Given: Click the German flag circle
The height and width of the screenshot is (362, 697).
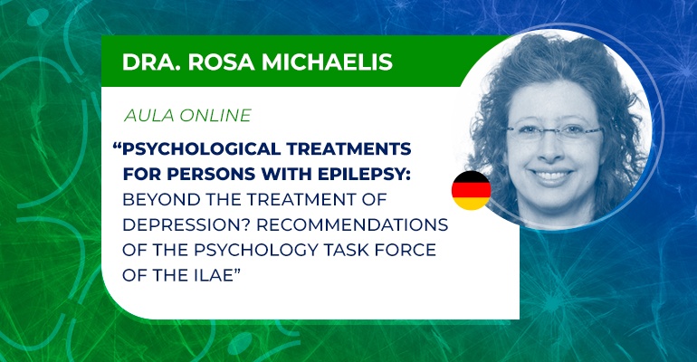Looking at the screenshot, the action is click(472, 190).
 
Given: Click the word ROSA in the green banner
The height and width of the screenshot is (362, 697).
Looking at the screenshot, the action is click(221, 62).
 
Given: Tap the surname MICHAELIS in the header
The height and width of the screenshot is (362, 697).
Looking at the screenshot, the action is click(327, 62).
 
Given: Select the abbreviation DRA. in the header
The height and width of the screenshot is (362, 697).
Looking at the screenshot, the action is click(151, 62).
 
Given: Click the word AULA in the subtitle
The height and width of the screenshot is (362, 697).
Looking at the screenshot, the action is click(149, 116).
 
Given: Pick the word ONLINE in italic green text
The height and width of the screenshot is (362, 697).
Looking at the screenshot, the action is click(215, 116).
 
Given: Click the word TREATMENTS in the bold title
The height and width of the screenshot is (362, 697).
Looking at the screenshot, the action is click(348, 148).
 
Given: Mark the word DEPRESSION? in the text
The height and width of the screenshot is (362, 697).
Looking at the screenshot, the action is click(186, 224).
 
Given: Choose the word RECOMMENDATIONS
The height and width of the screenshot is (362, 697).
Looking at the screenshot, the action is click(352, 224).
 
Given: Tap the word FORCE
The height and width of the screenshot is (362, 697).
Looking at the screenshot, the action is click(406, 250).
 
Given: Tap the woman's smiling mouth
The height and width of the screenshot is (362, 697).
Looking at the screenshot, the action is click(551, 176).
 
